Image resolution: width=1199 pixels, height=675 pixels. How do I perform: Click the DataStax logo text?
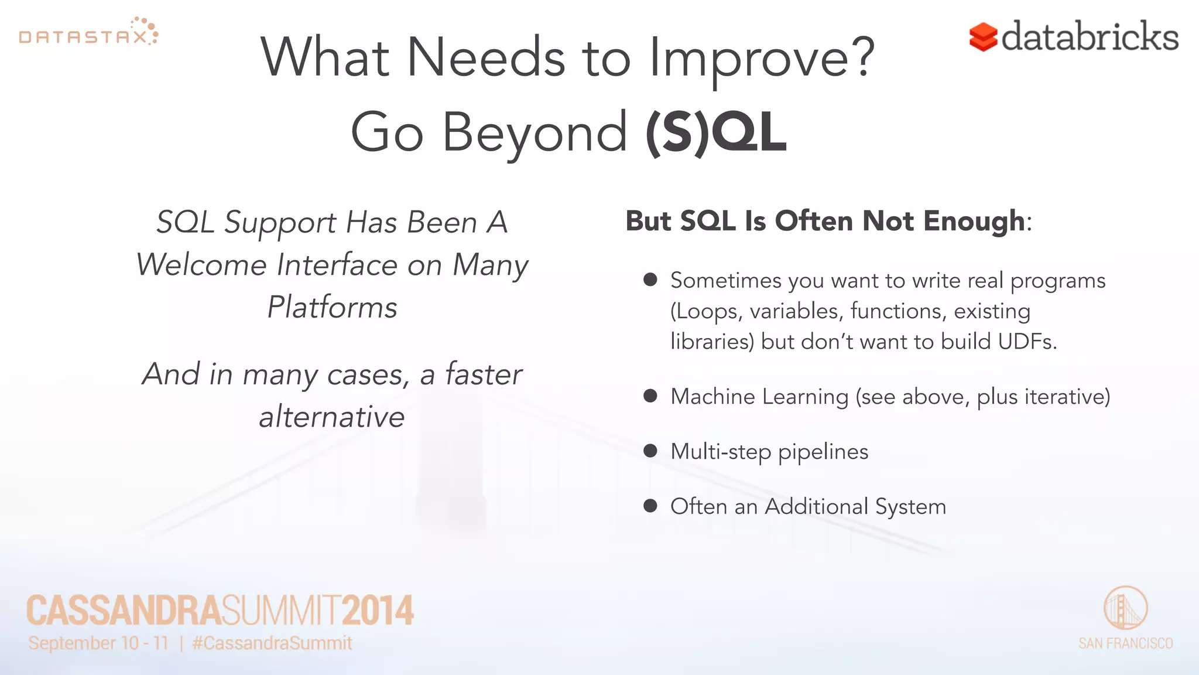pos(83,37)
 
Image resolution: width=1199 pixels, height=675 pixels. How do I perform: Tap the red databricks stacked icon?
pos(983,37)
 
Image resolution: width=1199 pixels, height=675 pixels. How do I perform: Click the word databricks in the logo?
pos(1090,36)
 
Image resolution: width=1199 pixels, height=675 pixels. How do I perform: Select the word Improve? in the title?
pos(762,58)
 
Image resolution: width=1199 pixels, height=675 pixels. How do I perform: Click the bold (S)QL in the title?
pos(715,133)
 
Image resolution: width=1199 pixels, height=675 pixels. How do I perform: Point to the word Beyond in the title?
pos(535,133)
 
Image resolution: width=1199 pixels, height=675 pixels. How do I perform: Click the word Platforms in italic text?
pos(332,307)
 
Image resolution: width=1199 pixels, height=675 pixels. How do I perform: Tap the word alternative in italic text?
pos(332,417)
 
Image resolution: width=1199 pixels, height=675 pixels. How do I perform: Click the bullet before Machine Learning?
pos(650,396)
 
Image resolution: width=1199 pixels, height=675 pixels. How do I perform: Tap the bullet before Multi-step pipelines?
pos(650,451)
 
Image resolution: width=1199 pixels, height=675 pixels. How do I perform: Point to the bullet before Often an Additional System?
pos(650,505)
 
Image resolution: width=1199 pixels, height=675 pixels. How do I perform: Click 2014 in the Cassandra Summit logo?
pos(378,611)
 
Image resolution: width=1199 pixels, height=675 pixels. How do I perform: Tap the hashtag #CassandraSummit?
pos(272,643)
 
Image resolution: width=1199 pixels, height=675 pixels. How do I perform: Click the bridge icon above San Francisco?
pos(1125,608)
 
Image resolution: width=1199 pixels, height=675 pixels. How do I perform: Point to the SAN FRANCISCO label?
pos(1125,643)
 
